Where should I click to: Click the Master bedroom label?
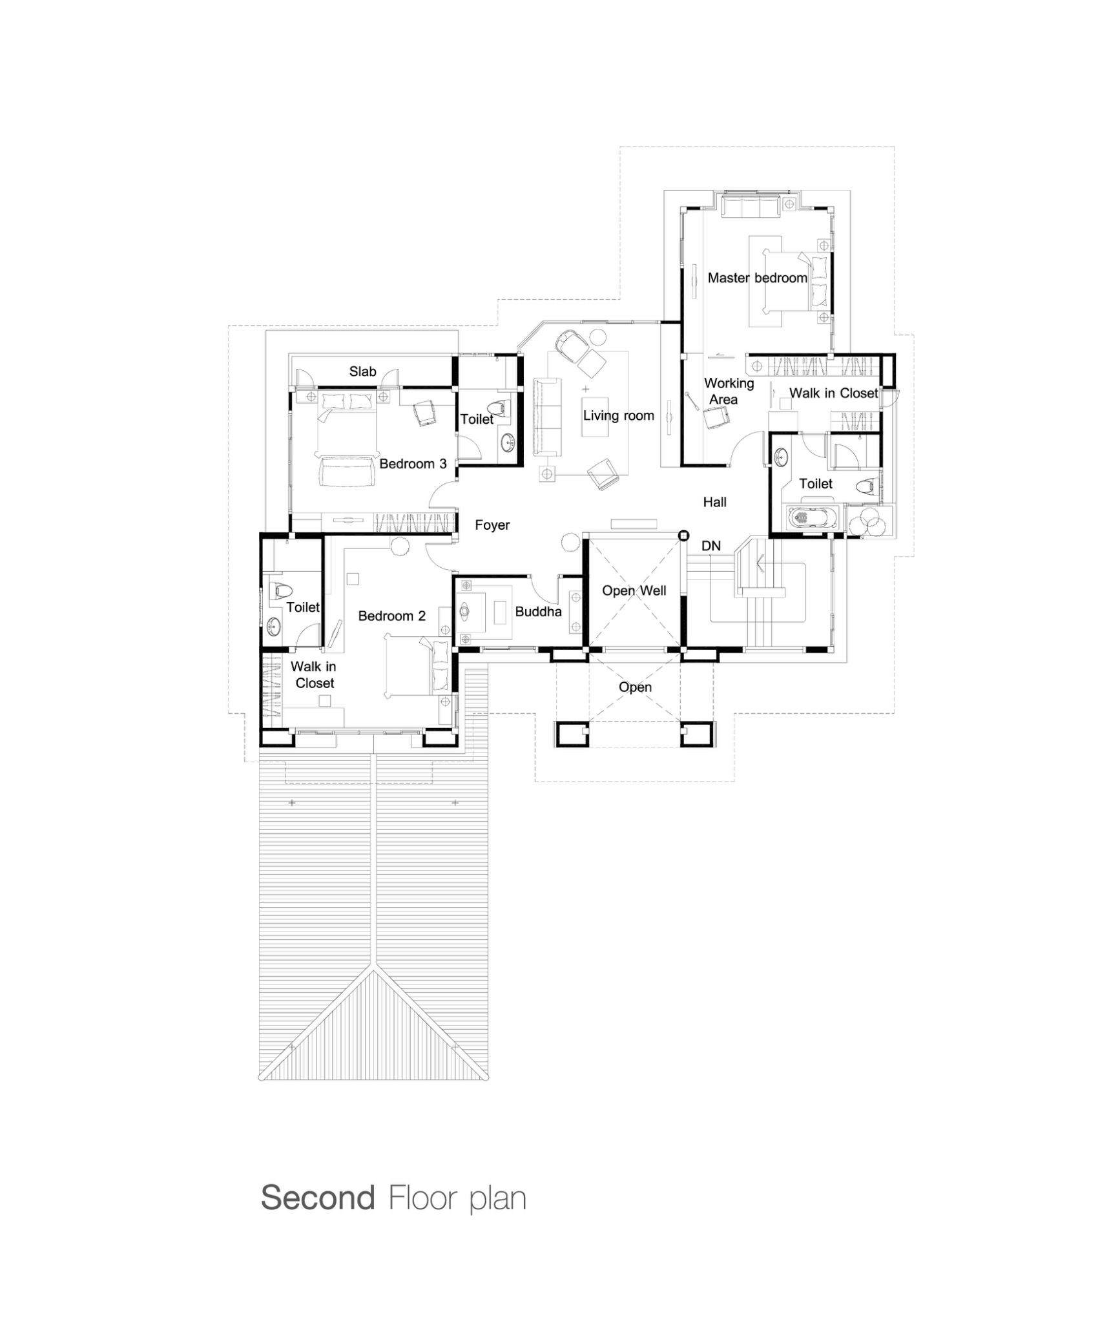757,278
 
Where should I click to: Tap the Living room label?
618,415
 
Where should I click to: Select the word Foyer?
492,525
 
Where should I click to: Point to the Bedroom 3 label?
413,464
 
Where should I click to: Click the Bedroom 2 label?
391,616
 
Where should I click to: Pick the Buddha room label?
538,611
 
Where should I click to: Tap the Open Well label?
634,590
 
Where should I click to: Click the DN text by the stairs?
710,546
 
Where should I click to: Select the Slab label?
362,371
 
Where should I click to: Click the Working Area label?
728,391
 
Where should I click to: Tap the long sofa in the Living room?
546,417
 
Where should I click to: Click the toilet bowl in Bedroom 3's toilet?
499,408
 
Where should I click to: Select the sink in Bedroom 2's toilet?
274,625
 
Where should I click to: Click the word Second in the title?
317,1198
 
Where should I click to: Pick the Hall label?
714,502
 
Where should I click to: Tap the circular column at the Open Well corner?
683,536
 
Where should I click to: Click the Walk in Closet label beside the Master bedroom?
833,393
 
